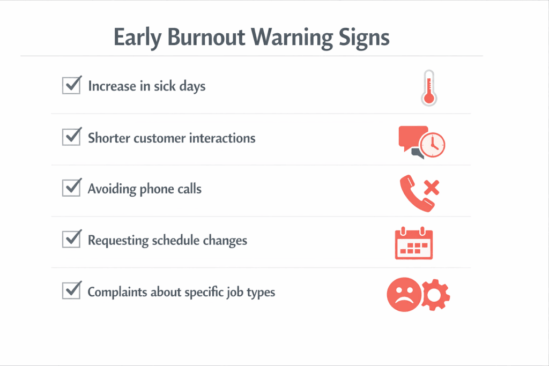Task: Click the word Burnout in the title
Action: pyautogui.click(x=206, y=37)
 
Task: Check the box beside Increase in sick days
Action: pyautogui.click(x=72, y=85)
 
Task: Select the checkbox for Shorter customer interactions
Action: pyautogui.click(x=72, y=137)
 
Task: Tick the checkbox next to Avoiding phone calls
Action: pyautogui.click(x=72, y=188)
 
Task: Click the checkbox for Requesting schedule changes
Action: pyautogui.click(x=72, y=239)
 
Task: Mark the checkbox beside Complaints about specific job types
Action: pyautogui.click(x=72, y=290)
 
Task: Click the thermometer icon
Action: pyautogui.click(x=429, y=88)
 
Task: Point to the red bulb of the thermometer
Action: pyautogui.click(x=429, y=98)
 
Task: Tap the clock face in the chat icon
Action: pyautogui.click(x=433, y=145)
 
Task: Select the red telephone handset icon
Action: pyautogui.click(x=415, y=193)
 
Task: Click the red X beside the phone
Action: pyautogui.click(x=432, y=187)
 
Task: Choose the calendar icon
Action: pyautogui.click(x=414, y=243)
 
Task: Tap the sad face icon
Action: pyautogui.click(x=404, y=295)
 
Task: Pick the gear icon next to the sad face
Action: pyautogui.click(x=435, y=295)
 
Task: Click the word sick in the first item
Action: pyautogui.click(x=165, y=86)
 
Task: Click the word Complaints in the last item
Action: pyautogui.click(x=117, y=292)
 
